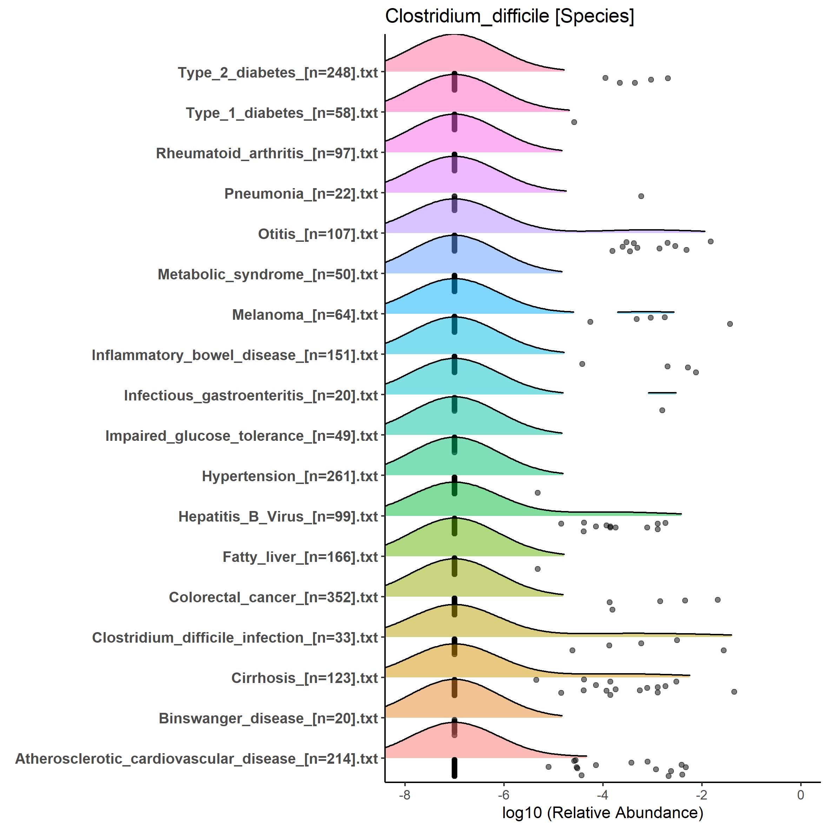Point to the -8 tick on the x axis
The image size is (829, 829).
(404, 795)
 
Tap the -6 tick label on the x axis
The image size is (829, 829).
(503, 795)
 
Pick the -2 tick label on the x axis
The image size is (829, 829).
(702, 795)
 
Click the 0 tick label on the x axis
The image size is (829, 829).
(801, 795)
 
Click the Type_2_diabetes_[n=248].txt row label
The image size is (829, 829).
(278, 73)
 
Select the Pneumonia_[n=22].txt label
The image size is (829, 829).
(301, 193)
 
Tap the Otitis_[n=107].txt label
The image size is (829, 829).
(318, 234)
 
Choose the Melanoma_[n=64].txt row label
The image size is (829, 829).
(305, 314)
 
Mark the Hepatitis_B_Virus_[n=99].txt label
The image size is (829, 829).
(278, 516)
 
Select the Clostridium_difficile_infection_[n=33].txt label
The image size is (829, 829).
(235, 637)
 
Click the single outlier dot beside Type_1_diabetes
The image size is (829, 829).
(574, 122)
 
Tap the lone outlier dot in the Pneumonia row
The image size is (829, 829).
(641, 196)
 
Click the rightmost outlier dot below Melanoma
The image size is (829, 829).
(730, 324)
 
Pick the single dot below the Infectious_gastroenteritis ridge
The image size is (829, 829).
(662, 410)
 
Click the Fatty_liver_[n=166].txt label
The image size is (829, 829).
(300, 557)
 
